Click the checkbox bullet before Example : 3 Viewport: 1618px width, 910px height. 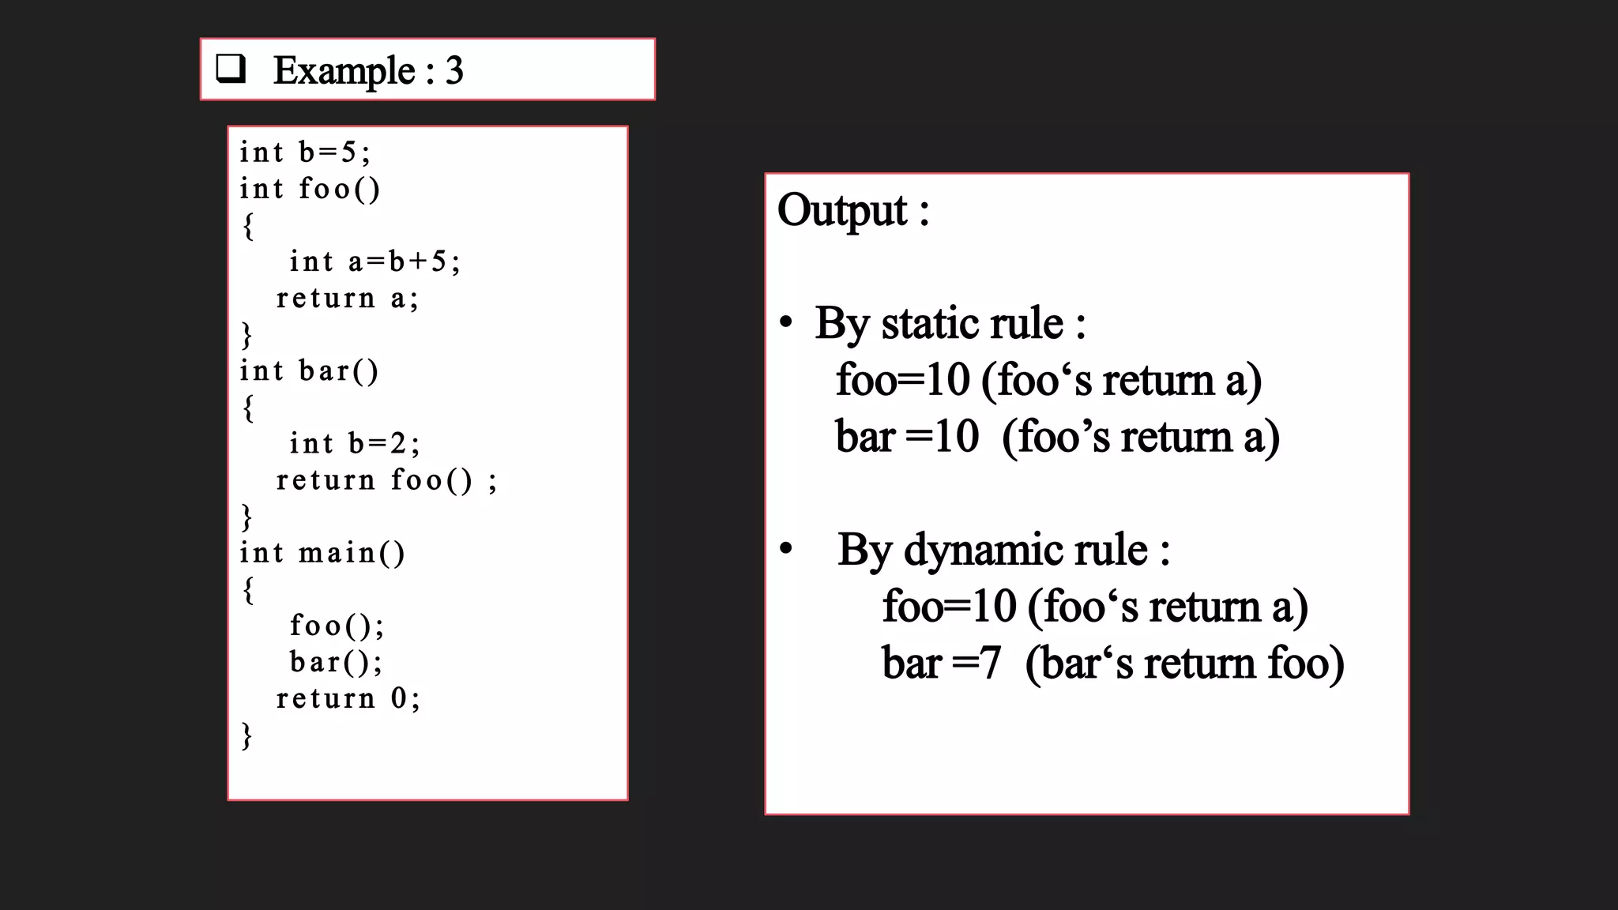pos(231,69)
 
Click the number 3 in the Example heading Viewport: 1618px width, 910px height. pos(453,71)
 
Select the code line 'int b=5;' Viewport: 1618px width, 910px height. pos(305,152)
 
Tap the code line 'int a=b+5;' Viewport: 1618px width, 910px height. pos(374,261)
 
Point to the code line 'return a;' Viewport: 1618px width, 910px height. pos(347,298)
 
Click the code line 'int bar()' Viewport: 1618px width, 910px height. pos(309,370)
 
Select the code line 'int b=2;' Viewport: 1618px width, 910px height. pos(355,443)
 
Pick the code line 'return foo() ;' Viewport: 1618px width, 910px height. pos(386,479)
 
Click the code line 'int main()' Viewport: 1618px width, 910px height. pos(322,552)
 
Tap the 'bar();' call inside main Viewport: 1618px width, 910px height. pos(336,662)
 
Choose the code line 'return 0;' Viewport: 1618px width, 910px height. pos(348,698)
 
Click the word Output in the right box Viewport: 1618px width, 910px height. pos(842,211)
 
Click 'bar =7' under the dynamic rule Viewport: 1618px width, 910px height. pos(941,663)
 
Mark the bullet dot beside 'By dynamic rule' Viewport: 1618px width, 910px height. pos(785,548)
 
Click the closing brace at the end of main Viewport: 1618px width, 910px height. pos(246,735)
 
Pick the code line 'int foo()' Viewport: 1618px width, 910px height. pos(310,189)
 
